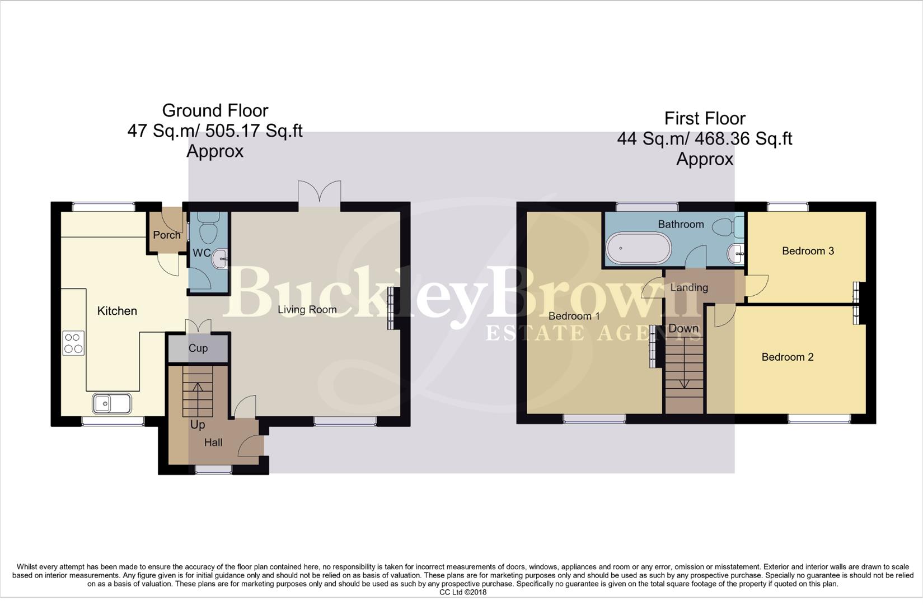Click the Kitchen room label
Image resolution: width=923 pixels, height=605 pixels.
tap(117, 311)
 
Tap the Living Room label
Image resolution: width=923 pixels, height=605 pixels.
tap(307, 309)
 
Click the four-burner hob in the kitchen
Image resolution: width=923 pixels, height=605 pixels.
tap(73, 343)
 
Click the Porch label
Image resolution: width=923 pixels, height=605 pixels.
tap(167, 235)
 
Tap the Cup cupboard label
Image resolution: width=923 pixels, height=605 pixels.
tap(198, 348)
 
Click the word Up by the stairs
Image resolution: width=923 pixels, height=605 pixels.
tap(198, 425)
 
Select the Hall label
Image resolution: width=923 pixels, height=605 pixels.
tap(213, 443)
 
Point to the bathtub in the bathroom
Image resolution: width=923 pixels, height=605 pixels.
tap(638, 249)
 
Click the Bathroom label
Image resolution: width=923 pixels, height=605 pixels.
tap(681, 224)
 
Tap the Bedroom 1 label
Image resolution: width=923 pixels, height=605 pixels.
tap(574, 316)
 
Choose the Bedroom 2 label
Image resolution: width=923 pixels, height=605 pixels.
tap(788, 357)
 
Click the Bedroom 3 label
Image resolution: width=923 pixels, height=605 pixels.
tap(808, 251)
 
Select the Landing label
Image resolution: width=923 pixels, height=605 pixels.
tap(689, 287)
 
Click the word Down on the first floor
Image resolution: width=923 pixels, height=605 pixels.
tap(683, 328)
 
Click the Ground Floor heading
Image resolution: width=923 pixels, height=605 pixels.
tap(215, 110)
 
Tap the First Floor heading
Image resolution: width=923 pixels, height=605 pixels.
tap(705, 118)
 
